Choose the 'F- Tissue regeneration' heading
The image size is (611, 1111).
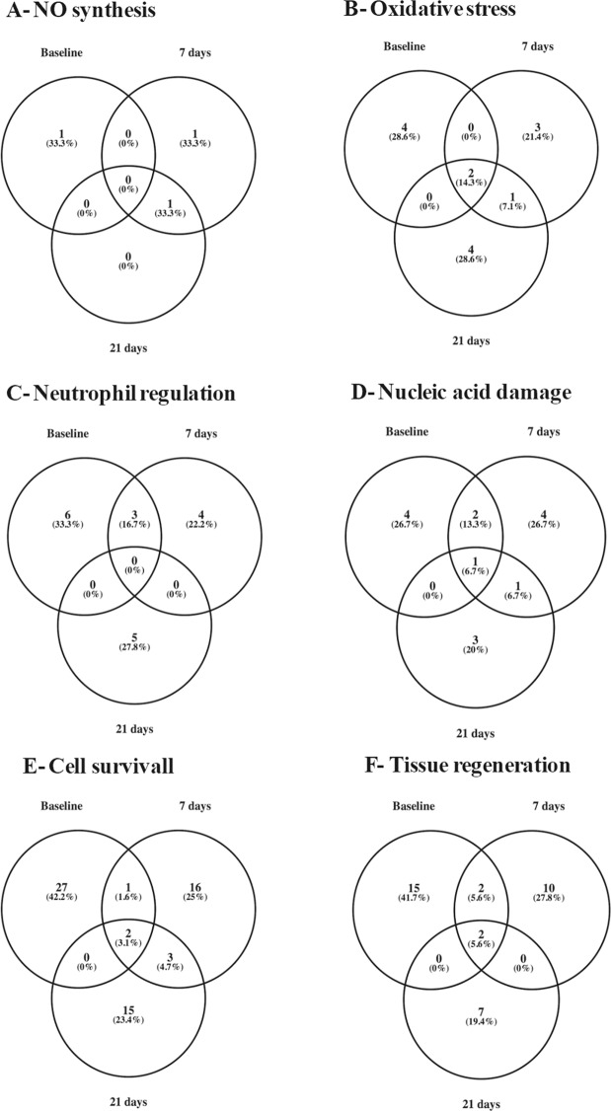click(x=452, y=766)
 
